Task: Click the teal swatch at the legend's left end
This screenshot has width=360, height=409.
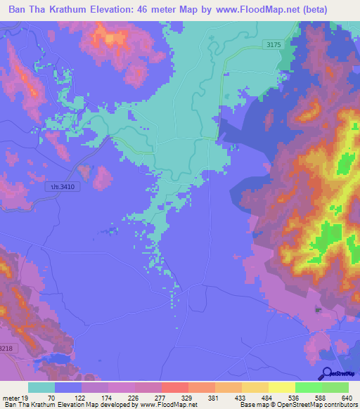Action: tap(41, 387)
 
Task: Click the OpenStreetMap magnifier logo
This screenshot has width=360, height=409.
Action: tap(326, 374)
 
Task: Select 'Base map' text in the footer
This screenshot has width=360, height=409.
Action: tap(252, 405)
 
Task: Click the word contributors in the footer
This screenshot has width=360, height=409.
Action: tap(340, 405)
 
